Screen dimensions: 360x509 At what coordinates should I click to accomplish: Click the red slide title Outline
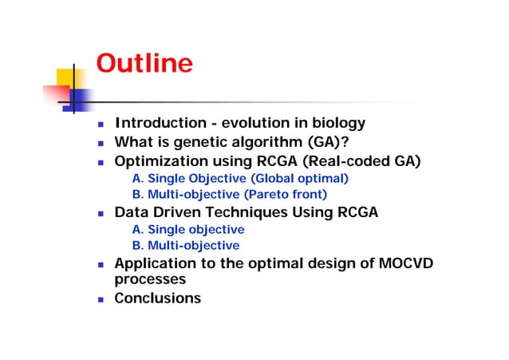pyautogui.click(x=144, y=63)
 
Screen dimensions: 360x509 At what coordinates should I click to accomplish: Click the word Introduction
pyautogui.click(x=160, y=123)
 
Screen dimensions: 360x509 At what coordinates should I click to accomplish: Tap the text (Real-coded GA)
pyautogui.click(x=364, y=161)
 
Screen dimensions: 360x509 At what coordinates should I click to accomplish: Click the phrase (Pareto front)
pyautogui.click(x=286, y=194)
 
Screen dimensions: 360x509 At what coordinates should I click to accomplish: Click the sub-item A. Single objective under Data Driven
pyautogui.click(x=187, y=230)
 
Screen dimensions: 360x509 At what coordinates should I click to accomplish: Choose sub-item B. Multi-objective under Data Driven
pyautogui.click(x=185, y=245)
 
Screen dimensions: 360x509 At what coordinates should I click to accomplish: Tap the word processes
pyautogui.click(x=150, y=279)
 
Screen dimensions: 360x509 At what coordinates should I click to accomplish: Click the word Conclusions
pyautogui.click(x=158, y=299)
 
